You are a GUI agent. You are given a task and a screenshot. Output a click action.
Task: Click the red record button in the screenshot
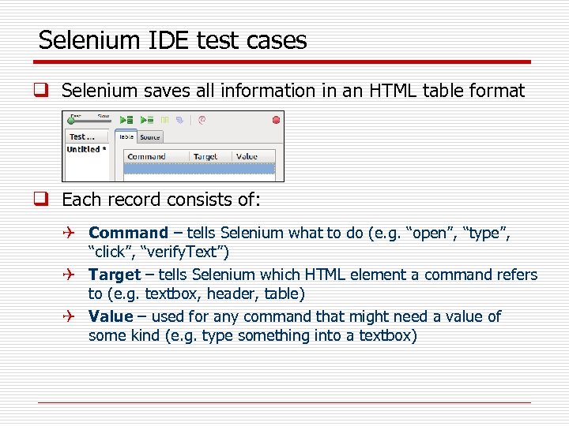pos(276,120)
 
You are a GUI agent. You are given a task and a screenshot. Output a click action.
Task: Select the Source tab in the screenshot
pos(149,137)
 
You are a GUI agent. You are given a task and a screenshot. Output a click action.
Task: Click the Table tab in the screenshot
pos(126,137)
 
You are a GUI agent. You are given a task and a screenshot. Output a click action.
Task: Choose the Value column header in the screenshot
pos(247,156)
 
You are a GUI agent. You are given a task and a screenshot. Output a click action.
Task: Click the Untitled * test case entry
pos(85,149)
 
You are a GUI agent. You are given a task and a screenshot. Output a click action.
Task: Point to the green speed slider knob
pos(70,121)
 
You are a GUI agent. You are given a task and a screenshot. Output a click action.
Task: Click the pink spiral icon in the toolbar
pos(202,120)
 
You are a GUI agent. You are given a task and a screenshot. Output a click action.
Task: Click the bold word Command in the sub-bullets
pos(128,233)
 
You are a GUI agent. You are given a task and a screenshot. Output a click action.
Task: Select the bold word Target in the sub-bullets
pos(114,275)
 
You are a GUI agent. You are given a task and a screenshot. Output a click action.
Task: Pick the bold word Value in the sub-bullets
pos(111,316)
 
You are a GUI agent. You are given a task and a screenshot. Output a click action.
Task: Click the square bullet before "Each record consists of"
pos(45,200)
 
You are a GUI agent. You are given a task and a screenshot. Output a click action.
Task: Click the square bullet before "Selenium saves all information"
pos(45,92)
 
